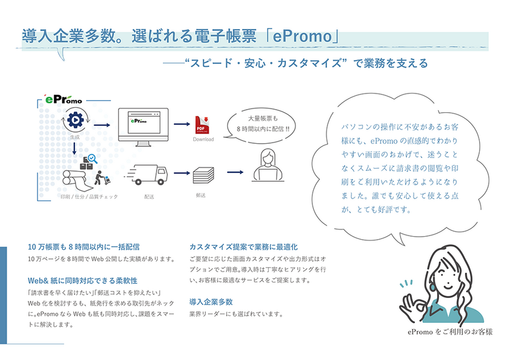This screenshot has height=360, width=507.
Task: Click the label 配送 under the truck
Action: point(149,196)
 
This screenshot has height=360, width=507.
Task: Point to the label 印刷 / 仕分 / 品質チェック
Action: point(88,196)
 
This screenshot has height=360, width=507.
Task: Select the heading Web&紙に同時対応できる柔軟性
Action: point(82,280)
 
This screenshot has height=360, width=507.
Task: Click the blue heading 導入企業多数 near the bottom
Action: point(211,302)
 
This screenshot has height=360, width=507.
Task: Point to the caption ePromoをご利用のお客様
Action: point(450,332)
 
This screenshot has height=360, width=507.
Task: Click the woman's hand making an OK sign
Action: point(411,301)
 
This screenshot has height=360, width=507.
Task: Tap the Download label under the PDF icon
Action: point(203,139)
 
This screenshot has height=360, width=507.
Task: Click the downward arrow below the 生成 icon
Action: point(74,148)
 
